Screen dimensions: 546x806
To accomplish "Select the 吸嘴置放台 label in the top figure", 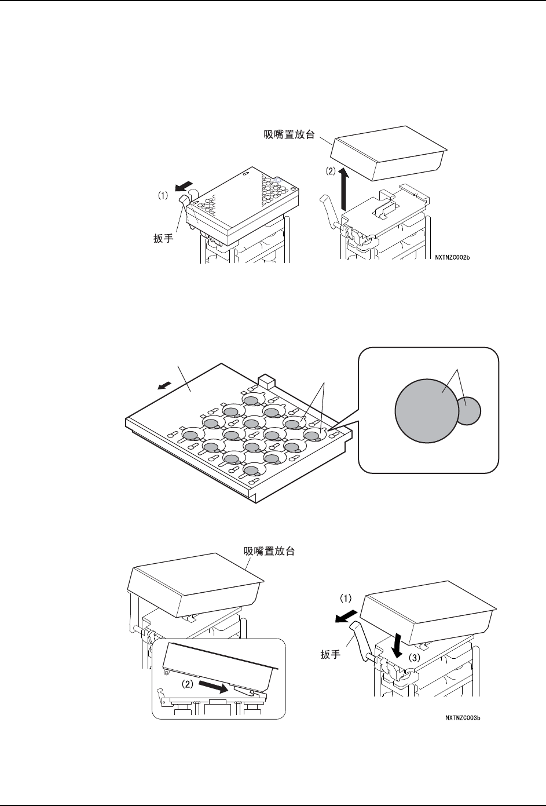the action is coord(285,134).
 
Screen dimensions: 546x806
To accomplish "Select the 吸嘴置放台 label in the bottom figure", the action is coord(266,551).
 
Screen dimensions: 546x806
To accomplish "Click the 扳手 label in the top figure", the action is coord(163,238).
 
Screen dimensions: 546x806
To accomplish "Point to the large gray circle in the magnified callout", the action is coord(426,411).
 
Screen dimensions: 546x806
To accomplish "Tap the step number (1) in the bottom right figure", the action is coord(343,596).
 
